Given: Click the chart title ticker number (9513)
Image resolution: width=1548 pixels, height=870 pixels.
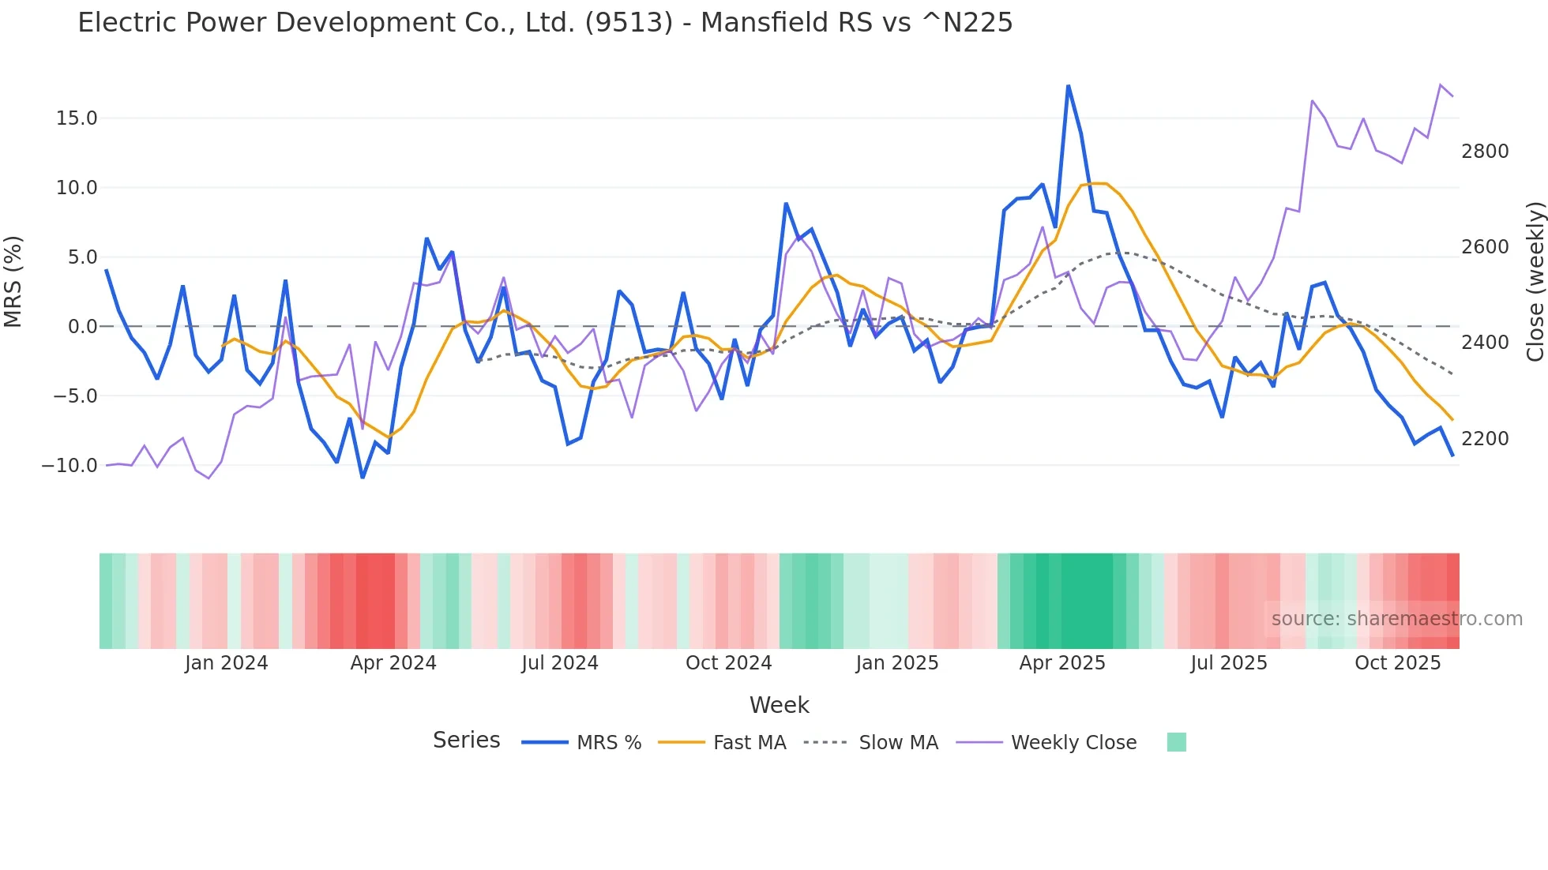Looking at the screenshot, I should click(x=629, y=23).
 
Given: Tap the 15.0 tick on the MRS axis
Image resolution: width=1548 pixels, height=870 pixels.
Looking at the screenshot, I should click(x=77, y=118).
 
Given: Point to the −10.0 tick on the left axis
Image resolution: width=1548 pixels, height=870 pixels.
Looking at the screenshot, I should click(x=70, y=466).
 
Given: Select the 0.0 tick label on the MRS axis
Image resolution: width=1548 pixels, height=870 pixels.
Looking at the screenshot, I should click(x=82, y=327).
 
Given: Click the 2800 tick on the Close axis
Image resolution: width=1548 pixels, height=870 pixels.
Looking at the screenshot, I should click(x=1485, y=152).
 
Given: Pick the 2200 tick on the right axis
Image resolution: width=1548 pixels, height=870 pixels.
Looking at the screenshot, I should click(x=1485, y=439).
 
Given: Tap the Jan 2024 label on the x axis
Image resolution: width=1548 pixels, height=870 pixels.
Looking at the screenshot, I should click(x=227, y=663).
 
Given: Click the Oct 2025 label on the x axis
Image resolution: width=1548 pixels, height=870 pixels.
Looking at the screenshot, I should click(x=1398, y=663).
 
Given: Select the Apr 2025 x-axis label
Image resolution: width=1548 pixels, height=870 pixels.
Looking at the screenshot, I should click(x=1062, y=663).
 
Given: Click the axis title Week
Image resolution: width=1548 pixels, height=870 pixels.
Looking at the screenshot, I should click(x=779, y=705).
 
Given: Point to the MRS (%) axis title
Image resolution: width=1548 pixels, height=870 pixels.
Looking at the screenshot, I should click(x=13, y=282).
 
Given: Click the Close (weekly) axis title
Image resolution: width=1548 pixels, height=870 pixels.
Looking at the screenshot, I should click(x=1535, y=282).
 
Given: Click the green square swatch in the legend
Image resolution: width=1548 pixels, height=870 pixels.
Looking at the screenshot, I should click(x=1176, y=742).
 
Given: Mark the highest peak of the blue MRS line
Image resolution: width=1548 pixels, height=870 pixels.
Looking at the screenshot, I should click(x=1068, y=85).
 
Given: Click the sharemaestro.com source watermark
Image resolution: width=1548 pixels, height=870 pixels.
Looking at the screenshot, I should click(x=1396, y=619).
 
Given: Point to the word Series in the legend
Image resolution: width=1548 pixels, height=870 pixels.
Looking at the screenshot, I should click(x=466, y=741).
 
